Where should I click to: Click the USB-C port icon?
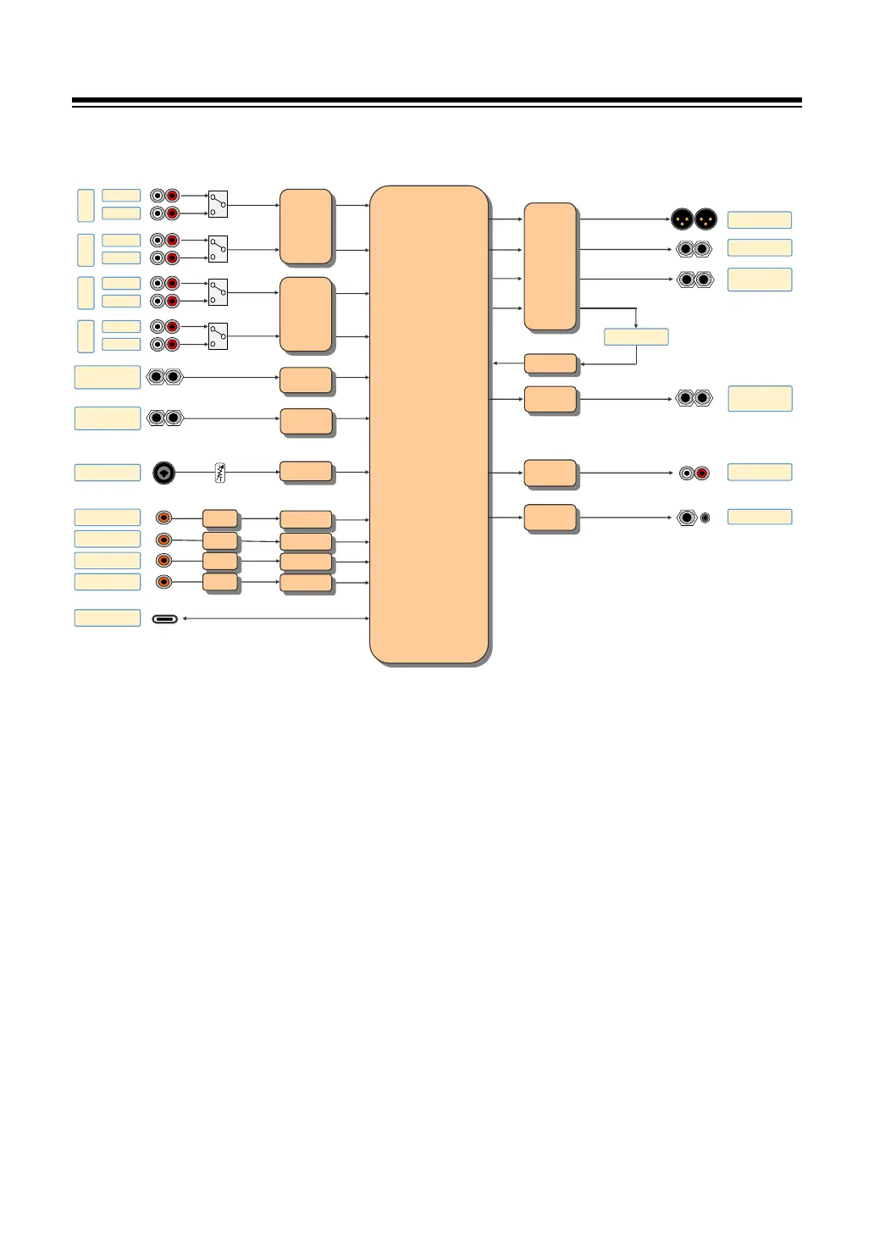(165, 619)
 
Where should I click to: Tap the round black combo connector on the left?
(164, 473)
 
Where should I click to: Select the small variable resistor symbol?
(221, 473)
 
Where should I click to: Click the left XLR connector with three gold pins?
(682, 219)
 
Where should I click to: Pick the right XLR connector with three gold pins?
(705, 219)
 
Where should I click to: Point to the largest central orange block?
(429, 424)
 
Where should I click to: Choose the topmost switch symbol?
(218, 203)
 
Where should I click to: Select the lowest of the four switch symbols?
(218, 335)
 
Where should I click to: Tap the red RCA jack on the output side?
(702, 473)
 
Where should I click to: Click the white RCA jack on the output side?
(686, 473)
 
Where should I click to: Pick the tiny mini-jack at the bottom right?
(705, 518)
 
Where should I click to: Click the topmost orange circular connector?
(164, 517)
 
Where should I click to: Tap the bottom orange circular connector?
(164, 581)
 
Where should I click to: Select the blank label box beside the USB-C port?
(108, 617)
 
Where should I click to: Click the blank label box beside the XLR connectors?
(760, 220)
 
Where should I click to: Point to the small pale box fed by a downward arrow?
(636, 336)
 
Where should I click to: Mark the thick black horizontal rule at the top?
(436, 102)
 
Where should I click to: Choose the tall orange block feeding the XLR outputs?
(550, 266)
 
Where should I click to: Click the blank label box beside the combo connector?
(108, 472)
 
